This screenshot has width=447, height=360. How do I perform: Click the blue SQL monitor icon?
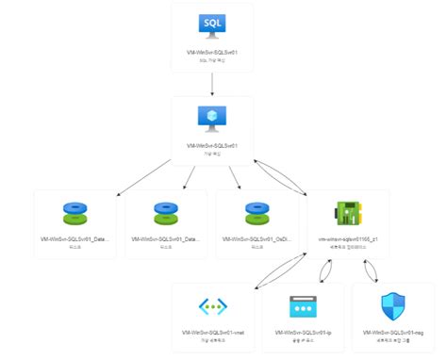(212, 24)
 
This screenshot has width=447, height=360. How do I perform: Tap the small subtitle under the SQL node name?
(212, 60)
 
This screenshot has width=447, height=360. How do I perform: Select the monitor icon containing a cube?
(212, 117)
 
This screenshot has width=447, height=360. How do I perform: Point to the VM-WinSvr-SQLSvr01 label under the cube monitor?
(212, 145)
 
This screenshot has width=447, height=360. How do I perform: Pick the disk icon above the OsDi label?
(257, 210)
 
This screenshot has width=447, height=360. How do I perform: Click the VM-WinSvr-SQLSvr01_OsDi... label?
(257, 239)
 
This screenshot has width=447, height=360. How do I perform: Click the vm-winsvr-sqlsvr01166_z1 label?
(349, 239)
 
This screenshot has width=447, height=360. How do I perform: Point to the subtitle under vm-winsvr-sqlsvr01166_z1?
(349, 248)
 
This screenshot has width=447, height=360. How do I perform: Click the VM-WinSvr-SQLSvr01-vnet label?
(212, 333)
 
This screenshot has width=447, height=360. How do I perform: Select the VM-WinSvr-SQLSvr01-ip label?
(304, 333)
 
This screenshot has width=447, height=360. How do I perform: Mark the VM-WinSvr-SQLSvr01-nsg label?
(394, 333)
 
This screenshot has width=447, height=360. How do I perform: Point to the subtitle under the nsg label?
(394, 341)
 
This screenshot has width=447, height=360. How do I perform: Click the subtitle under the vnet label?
(212, 341)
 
